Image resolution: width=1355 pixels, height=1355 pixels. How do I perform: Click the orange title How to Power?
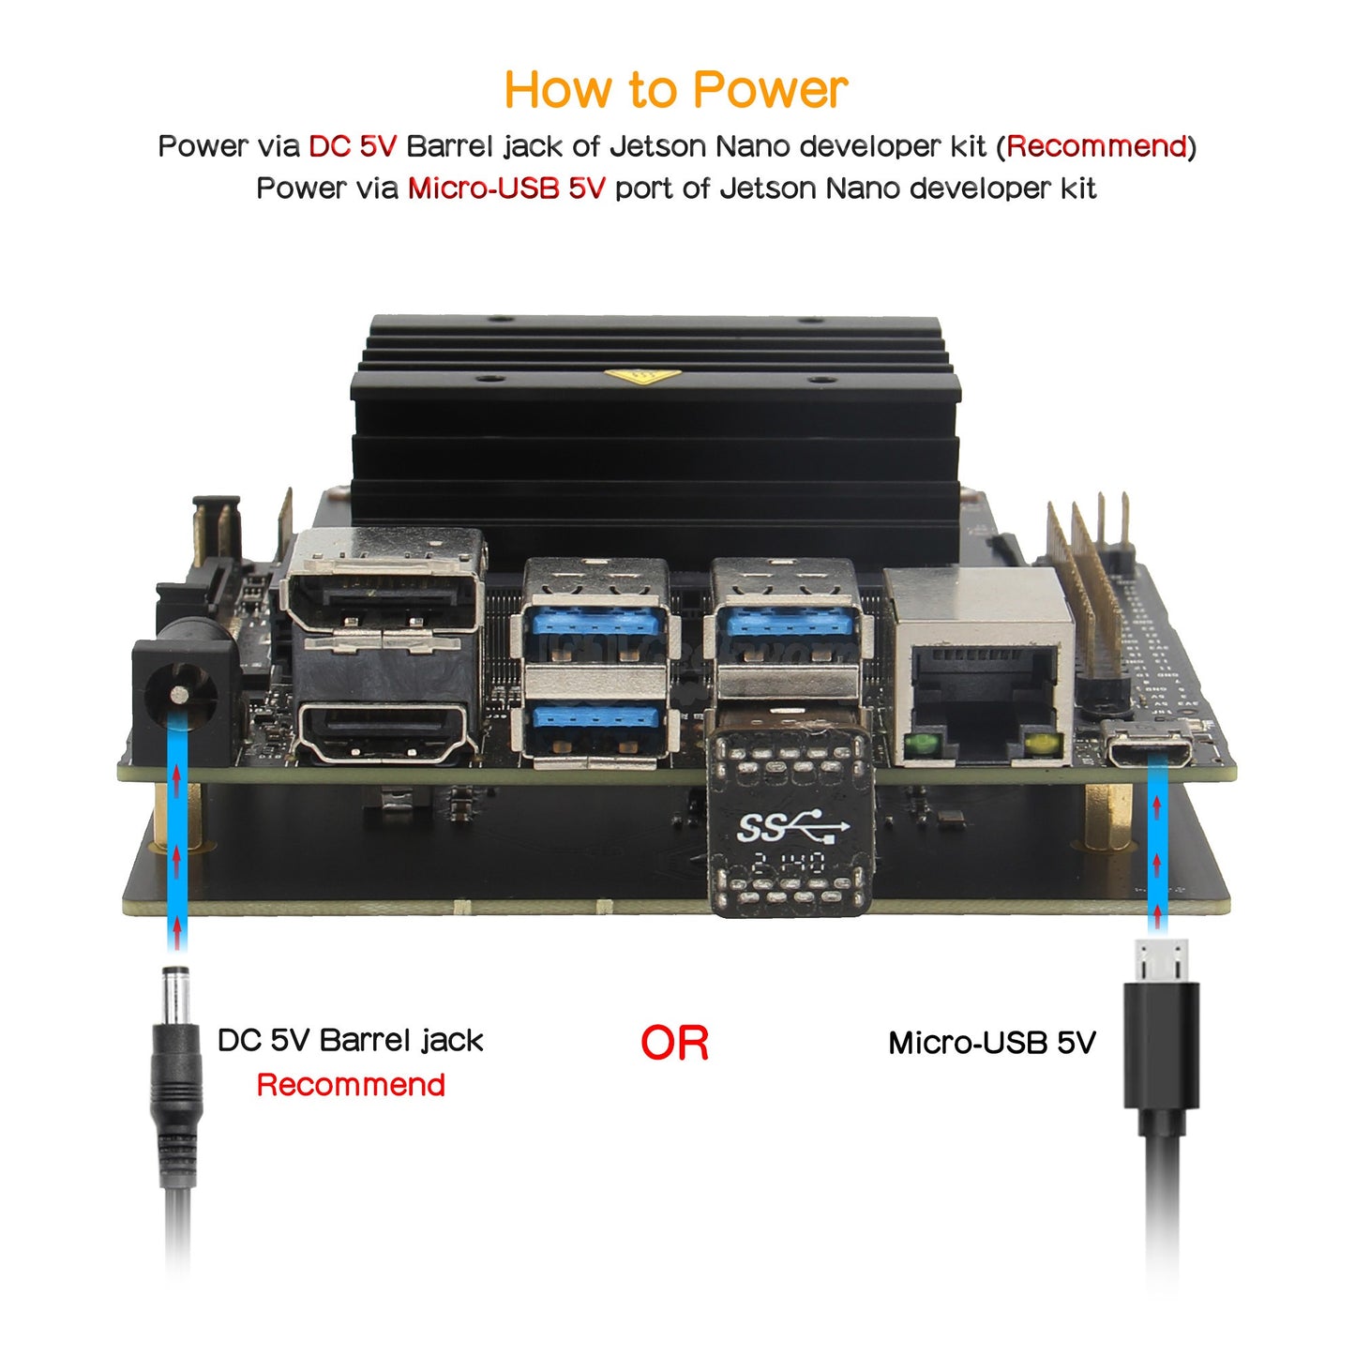(676, 89)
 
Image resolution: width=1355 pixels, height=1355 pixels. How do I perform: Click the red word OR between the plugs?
(674, 1043)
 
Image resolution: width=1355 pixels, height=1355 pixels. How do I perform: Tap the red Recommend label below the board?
(351, 1084)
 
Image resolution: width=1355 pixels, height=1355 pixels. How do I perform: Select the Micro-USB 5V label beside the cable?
(991, 1043)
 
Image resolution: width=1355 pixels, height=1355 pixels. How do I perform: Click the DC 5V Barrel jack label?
(350, 1041)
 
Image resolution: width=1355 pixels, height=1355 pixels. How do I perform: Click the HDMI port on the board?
(384, 732)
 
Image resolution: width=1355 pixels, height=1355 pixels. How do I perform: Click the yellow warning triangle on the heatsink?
(642, 377)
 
